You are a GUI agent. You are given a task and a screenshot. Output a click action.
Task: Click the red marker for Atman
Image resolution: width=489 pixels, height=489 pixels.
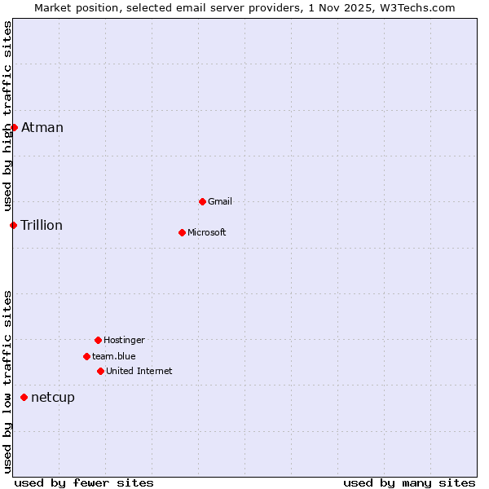[14, 127]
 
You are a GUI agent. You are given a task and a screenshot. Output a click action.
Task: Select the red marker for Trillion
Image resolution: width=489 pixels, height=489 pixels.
[13, 225]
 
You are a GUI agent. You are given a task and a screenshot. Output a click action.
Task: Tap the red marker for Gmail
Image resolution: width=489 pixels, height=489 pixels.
[202, 201]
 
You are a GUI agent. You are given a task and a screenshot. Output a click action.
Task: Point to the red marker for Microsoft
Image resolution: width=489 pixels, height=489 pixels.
[182, 232]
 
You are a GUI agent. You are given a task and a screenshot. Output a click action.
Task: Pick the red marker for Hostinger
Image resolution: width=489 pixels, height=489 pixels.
[98, 340]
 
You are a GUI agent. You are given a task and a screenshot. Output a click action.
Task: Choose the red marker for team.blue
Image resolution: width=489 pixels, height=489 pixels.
[86, 356]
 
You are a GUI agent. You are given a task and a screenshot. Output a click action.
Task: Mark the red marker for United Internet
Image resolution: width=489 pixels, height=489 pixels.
[100, 371]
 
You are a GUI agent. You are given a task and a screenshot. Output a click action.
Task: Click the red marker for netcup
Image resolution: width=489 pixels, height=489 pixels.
[24, 397]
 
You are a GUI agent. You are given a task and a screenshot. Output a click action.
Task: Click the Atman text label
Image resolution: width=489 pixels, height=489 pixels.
[42, 127]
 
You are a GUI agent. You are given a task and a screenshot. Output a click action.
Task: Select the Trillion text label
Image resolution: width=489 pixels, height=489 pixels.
[42, 225]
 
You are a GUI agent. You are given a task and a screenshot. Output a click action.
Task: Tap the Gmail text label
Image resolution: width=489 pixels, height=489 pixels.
[220, 201]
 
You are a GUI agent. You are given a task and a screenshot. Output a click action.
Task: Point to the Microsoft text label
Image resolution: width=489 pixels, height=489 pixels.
[207, 232]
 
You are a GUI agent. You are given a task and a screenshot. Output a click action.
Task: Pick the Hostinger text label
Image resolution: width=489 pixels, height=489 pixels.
[124, 340]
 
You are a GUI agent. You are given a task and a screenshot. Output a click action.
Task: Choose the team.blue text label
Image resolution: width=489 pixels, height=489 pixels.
[114, 356]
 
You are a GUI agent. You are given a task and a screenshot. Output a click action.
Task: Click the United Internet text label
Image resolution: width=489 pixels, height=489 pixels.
[139, 371]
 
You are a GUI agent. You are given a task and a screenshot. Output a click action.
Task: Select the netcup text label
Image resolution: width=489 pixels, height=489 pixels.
[53, 397]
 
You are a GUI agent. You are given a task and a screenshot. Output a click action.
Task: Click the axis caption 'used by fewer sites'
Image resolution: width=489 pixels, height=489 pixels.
[84, 482]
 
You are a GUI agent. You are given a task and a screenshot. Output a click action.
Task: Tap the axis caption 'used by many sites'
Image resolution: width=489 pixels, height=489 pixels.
[409, 482]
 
